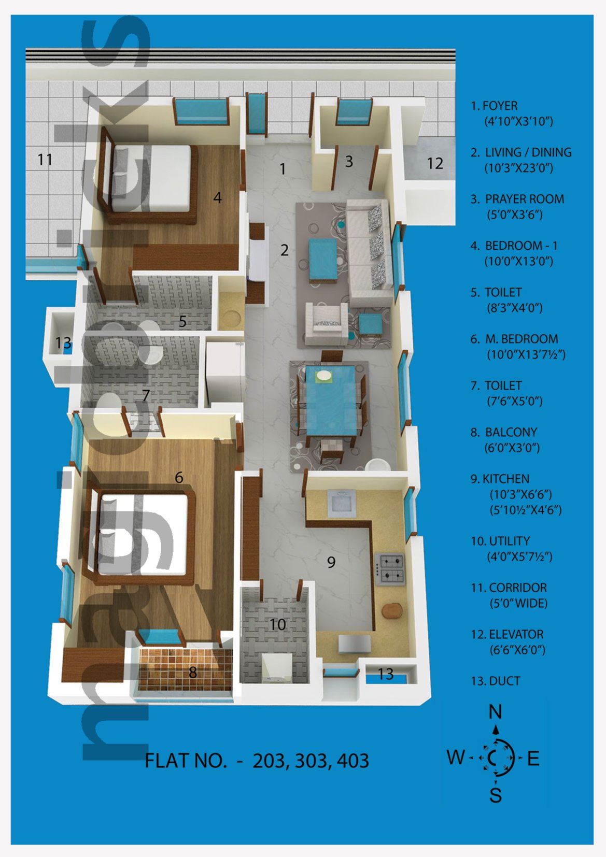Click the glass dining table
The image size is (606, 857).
331,400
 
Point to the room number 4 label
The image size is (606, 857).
217,198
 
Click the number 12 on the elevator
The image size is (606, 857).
435,163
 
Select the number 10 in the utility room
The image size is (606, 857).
277,624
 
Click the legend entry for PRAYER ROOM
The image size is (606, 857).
517,207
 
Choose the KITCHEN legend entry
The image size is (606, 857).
516,494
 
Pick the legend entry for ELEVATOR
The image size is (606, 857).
507,642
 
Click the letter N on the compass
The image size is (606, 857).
496,711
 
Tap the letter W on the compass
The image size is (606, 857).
456,757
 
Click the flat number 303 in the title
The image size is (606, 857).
311,761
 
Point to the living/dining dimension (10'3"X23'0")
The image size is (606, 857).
519,168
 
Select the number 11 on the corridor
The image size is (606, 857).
45,159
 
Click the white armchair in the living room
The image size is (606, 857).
327,324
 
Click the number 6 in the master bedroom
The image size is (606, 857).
179,477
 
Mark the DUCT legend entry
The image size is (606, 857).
496,681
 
